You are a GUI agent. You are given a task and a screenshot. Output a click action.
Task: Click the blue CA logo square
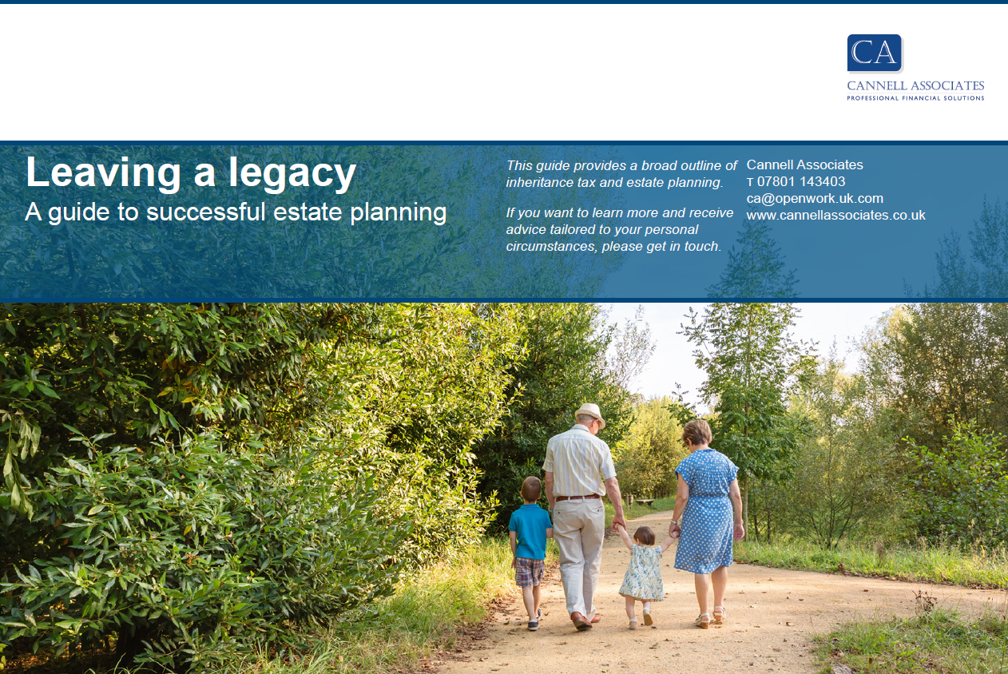click(875, 53)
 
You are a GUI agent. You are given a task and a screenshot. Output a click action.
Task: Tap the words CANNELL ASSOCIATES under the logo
click(915, 85)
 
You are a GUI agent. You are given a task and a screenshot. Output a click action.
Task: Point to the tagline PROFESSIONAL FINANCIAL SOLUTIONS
click(915, 98)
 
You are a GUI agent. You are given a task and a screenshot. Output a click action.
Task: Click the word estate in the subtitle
click(308, 212)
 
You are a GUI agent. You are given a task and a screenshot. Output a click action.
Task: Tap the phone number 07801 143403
click(801, 182)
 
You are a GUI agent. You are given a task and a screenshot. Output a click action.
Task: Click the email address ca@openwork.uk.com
click(815, 198)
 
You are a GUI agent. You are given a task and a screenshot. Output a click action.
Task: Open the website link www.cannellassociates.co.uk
click(835, 215)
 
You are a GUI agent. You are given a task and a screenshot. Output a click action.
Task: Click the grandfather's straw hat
click(590, 414)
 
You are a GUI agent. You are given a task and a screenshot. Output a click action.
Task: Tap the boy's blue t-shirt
click(530, 531)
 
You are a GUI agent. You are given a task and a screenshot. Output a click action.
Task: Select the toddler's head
click(644, 536)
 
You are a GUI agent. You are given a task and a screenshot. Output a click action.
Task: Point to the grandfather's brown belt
click(577, 498)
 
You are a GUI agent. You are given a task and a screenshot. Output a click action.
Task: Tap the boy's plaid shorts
click(530, 572)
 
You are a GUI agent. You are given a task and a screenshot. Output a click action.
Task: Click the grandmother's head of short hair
click(697, 432)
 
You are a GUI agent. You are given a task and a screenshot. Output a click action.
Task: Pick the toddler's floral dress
click(642, 573)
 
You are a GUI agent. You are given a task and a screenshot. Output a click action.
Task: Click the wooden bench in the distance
click(645, 501)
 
